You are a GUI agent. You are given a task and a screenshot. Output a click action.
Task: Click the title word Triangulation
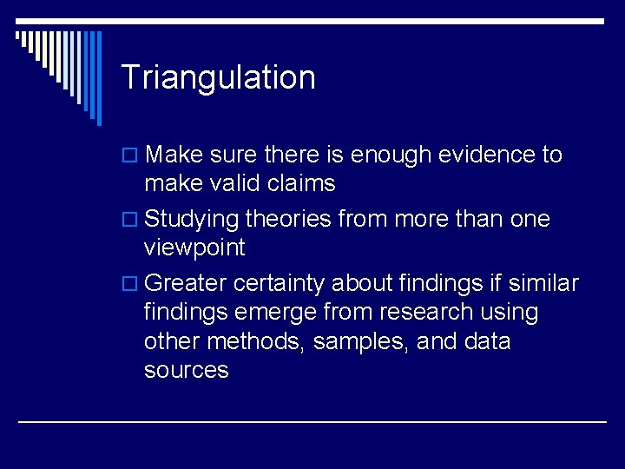pyautogui.click(x=218, y=78)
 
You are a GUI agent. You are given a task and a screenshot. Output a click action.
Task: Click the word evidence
pyautogui.click(x=481, y=155)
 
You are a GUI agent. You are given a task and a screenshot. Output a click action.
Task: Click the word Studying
pyautogui.click(x=192, y=220)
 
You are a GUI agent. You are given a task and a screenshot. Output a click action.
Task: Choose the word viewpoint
pyautogui.click(x=194, y=248)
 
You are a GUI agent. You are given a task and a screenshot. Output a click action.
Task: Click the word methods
pyautogui.click(x=256, y=341)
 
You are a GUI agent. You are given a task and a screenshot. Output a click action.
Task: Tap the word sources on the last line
pyautogui.click(x=186, y=371)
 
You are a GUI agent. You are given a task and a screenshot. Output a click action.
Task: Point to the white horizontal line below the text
pyautogui.click(x=312, y=421)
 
